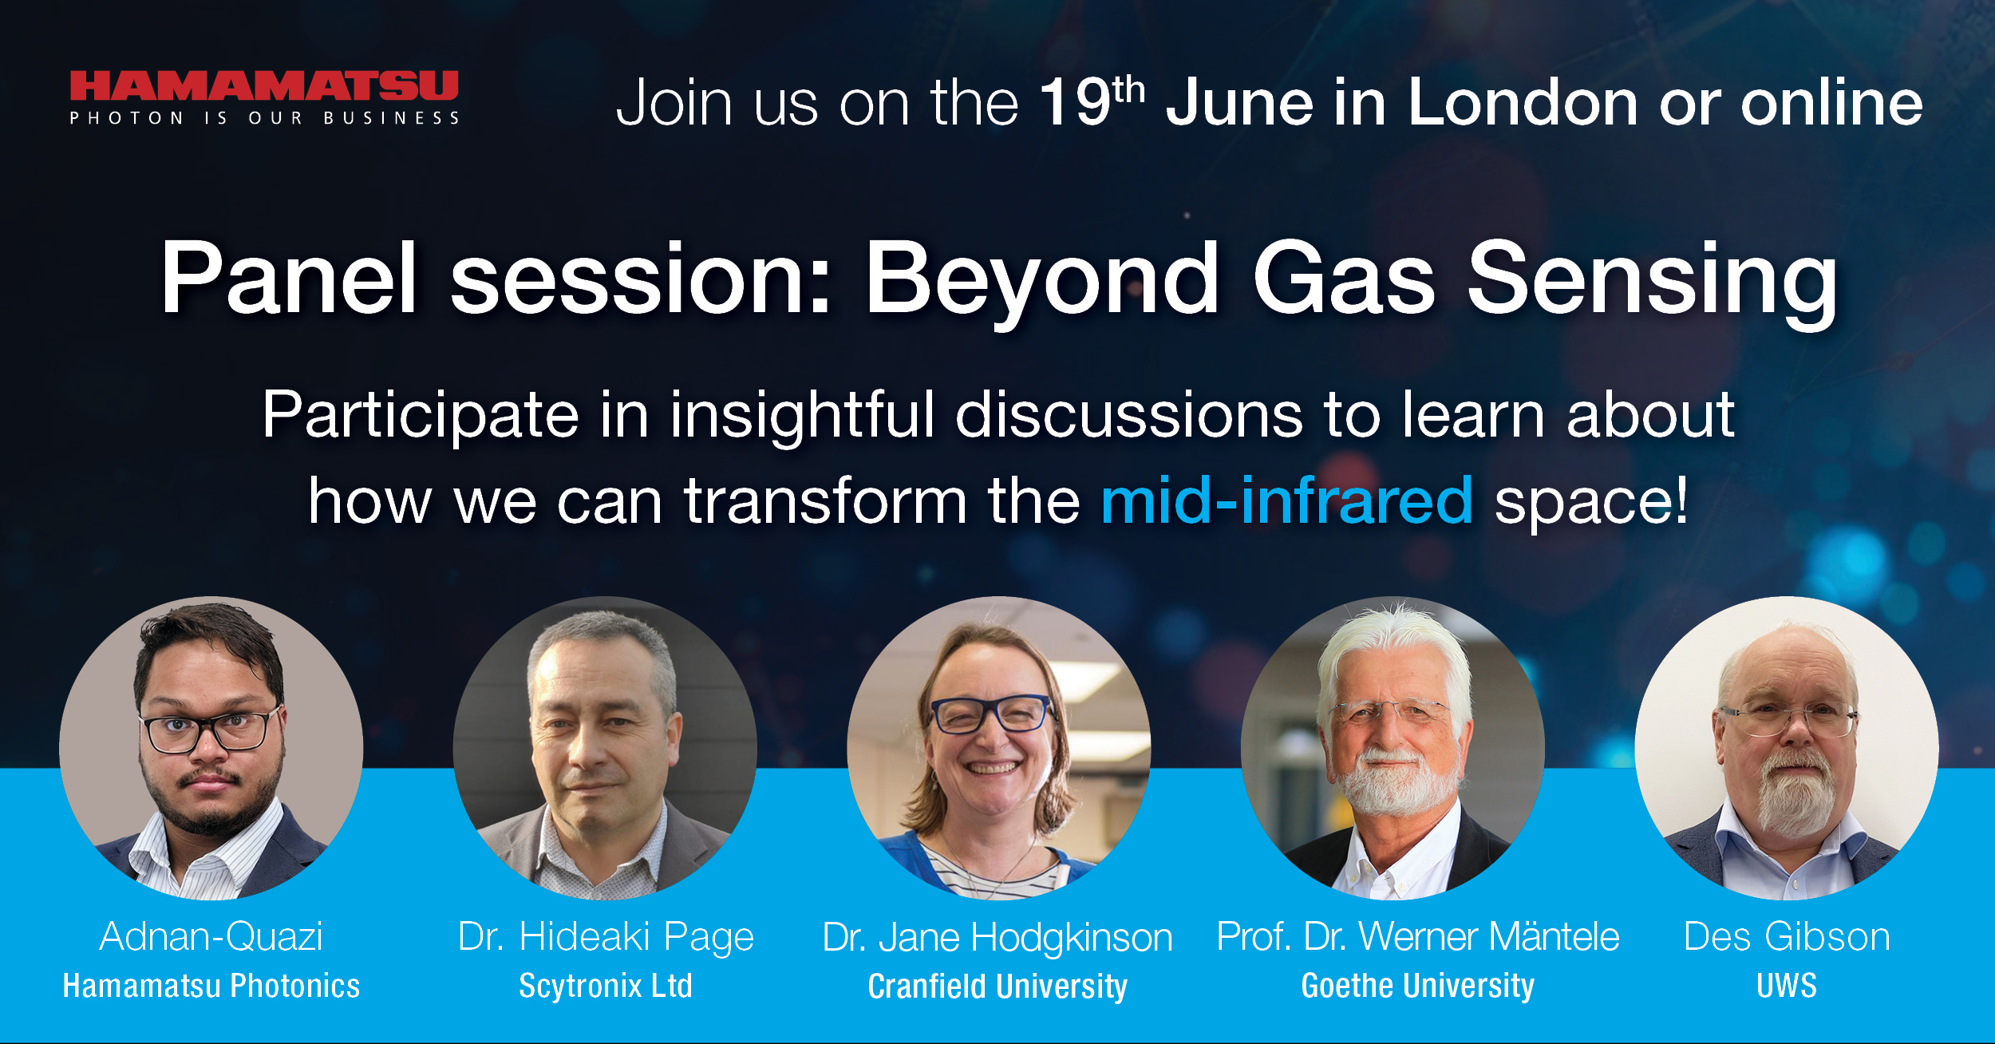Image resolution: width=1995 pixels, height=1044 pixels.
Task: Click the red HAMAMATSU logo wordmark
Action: (x=263, y=86)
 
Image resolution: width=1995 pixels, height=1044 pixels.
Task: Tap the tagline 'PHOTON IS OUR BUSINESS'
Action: (x=264, y=118)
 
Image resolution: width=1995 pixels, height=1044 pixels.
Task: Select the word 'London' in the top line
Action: (x=1523, y=103)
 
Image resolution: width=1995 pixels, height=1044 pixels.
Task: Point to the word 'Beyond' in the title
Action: (x=1041, y=279)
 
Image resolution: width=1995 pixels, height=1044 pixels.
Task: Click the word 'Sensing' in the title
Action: (x=1652, y=279)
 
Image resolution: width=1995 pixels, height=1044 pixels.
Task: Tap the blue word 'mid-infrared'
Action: (x=1286, y=501)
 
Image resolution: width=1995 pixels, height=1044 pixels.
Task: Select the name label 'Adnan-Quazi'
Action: (x=211, y=935)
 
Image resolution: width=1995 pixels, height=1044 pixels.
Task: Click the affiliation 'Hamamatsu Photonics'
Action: (x=211, y=986)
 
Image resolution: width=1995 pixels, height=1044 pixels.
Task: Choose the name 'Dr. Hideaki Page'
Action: (x=606, y=936)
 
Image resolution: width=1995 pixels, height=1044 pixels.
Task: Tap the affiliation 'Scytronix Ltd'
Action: (x=606, y=986)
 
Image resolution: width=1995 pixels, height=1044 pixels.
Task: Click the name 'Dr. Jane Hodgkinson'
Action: (x=997, y=937)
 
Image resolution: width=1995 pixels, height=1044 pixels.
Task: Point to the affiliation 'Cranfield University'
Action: (x=997, y=987)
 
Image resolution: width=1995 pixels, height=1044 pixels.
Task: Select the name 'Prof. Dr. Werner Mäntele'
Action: (x=1417, y=936)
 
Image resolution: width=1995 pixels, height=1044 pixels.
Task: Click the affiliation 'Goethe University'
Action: (x=1417, y=986)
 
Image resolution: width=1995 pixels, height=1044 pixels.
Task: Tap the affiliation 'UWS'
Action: (x=1787, y=986)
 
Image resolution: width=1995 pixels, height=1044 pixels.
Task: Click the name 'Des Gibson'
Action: (x=1787, y=936)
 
